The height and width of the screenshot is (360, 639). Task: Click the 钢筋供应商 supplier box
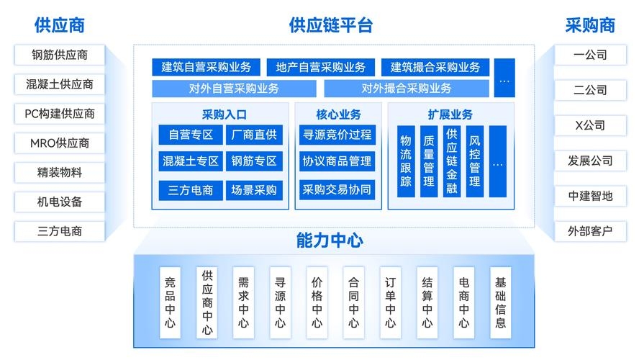coord(60,55)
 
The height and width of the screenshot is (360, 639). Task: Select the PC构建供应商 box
coord(60,114)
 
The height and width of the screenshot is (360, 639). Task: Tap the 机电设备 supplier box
coord(60,202)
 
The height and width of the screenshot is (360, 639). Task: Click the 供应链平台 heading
coord(331,25)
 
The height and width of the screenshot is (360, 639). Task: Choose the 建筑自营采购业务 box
coord(207,68)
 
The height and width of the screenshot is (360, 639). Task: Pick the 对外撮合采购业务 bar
coord(407,89)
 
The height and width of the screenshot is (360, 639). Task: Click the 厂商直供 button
coord(254,135)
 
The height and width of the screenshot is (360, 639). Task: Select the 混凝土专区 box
coord(191,161)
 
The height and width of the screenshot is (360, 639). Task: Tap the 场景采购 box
coord(254,190)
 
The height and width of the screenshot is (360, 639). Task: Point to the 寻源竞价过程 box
coord(337,135)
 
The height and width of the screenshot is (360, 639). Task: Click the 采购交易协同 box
coord(337,190)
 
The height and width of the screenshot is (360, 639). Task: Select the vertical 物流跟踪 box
coord(406,161)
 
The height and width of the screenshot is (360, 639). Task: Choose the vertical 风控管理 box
coord(474,161)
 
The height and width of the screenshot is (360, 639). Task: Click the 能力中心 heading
coord(330,240)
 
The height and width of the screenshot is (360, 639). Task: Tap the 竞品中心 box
coord(170,302)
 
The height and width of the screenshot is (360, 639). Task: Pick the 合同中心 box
coord(354,302)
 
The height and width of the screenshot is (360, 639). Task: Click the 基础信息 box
coord(500,302)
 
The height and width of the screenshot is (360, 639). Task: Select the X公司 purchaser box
coord(590,125)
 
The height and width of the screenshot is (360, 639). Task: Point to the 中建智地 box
coord(590,196)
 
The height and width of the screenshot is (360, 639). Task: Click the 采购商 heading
coord(590,25)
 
